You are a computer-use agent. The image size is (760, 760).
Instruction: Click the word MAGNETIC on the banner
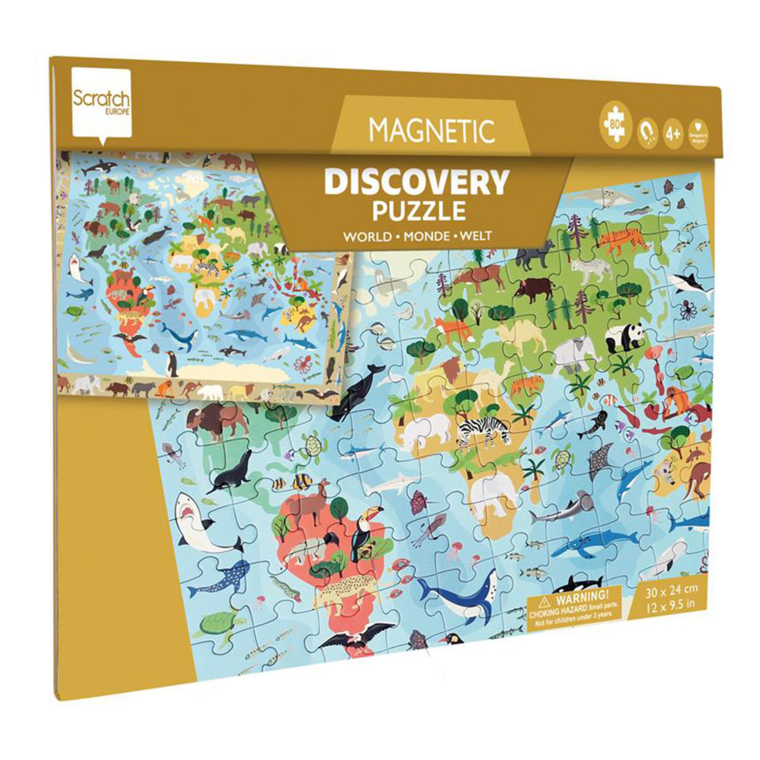[x=432, y=129]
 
